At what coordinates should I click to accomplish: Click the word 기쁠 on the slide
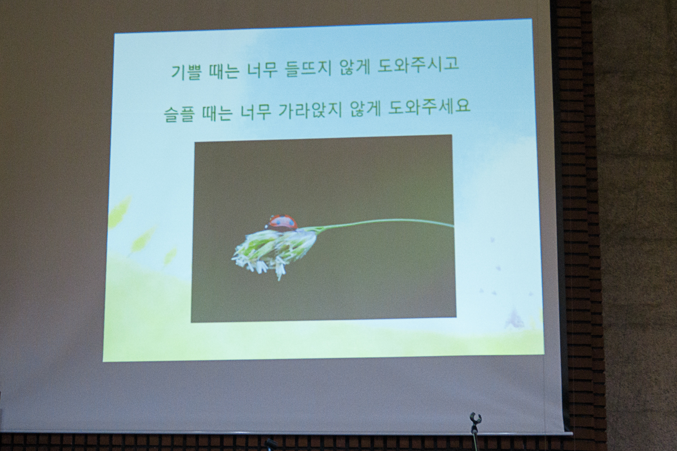(186, 72)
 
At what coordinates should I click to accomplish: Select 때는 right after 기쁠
(223, 72)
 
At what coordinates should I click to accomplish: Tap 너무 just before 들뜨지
(261, 71)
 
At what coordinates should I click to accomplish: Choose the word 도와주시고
(418, 69)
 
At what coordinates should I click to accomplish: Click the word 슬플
(179, 113)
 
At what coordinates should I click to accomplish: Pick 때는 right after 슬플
(217, 113)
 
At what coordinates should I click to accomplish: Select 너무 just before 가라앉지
(255, 112)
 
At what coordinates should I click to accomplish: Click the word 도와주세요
(429, 109)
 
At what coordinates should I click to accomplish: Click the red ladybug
(283, 223)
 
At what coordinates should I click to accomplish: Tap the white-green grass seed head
(274, 252)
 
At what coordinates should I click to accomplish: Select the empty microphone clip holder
(475, 419)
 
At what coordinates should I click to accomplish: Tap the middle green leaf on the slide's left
(143, 240)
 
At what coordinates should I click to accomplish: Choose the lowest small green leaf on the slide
(170, 256)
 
